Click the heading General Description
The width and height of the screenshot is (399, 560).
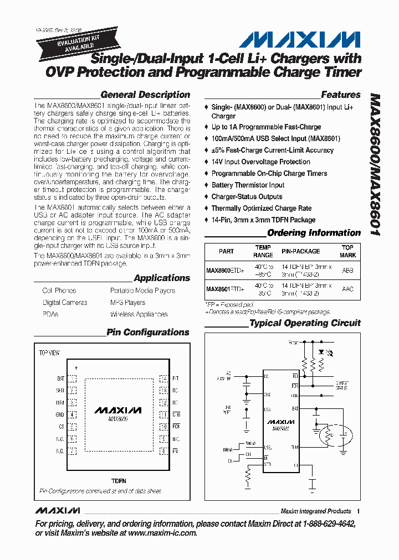point(145,95)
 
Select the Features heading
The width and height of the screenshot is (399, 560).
point(340,95)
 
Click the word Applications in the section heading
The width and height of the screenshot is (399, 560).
point(162,278)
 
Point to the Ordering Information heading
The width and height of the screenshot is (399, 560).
point(314,233)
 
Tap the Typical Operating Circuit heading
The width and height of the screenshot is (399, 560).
point(305,323)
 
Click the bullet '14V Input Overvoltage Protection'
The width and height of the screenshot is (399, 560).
point(260,162)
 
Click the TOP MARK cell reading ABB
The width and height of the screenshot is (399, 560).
point(347,271)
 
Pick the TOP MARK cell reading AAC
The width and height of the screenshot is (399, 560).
point(347,289)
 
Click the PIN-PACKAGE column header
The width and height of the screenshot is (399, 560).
point(300,251)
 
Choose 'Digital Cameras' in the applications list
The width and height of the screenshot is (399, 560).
point(65,303)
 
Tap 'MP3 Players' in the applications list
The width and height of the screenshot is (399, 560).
point(127,303)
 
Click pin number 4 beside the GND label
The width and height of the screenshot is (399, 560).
point(72,414)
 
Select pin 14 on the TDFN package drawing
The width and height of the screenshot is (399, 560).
point(163,379)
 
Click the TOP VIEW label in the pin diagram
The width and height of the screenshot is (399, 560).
point(49,352)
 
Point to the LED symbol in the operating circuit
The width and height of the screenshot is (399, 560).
point(323,351)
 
